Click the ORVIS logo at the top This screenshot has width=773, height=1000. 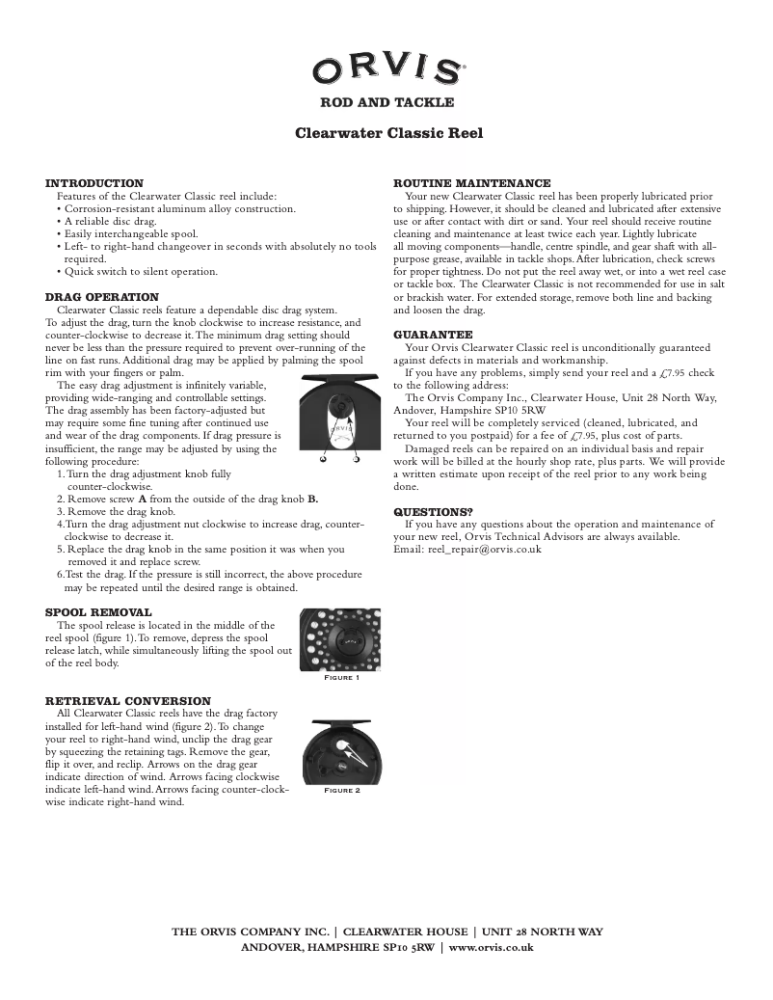point(386,69)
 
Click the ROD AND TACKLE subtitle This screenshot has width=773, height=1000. point(386,102)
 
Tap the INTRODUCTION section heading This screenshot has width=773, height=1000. point(94,183)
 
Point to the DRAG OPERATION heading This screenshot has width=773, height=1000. point(102,297)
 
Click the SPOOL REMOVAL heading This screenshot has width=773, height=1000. point(98,612)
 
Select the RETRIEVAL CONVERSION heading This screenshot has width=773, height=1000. point(128,701)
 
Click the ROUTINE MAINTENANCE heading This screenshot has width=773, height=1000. point(472,183)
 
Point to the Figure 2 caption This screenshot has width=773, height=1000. point(341,790)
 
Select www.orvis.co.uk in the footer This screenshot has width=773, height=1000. point(492,947)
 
